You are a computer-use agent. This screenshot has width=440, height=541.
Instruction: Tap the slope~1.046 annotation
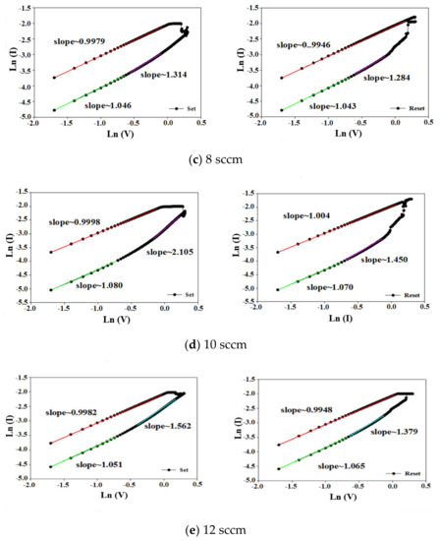109,104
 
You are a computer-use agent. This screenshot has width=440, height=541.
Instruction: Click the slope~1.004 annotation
306,215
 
